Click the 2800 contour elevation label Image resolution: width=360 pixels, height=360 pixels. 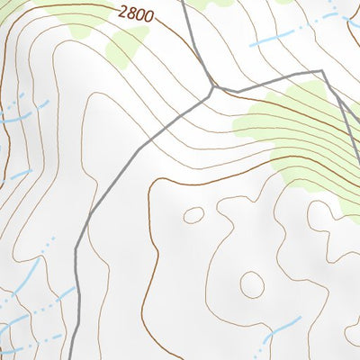coord(136,14)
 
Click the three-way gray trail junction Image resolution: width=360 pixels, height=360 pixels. coord(214,89)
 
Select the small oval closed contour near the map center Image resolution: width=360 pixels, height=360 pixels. coord(193,215)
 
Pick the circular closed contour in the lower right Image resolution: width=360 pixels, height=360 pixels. coord(252,285)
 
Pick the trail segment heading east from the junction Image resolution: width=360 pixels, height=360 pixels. coord(270,80)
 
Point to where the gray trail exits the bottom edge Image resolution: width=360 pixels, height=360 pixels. coord(71,358)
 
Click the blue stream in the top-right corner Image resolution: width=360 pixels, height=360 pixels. coord(337,13)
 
